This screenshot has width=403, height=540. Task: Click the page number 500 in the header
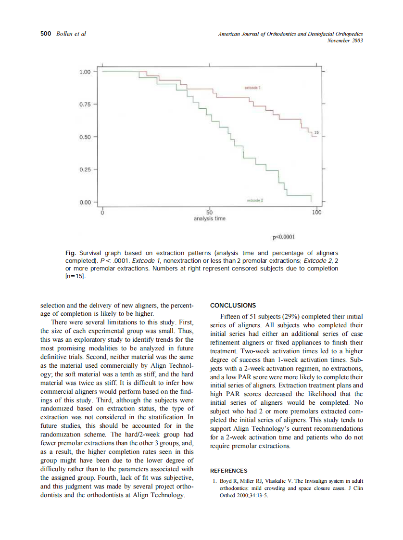click(x=45, y=34)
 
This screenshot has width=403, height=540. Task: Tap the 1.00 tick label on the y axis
click(x=85, y=72)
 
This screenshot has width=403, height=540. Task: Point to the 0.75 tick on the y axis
click(x=85, y=104)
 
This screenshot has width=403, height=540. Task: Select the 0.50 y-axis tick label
click(x=85, y=137)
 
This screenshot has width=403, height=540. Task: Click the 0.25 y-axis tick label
click(x=85, y=169)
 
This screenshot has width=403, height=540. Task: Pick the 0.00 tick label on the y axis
click(x=85, y=202)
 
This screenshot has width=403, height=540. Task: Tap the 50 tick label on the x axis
click(x=209, y=213)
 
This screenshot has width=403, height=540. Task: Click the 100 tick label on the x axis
click(x=316, y=213)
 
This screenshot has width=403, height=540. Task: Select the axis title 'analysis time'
click(x=209, y=219)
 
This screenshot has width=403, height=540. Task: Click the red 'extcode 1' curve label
click(x=252, y=88)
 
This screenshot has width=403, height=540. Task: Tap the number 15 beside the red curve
click(x=316, y=132)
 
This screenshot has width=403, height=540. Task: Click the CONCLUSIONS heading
click(x=233, y=306)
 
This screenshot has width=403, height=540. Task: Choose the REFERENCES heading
click(x=229, y=471)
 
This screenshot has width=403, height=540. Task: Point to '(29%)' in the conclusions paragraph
click(x=292, y=316)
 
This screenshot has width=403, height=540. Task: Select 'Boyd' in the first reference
click(x=226, y=481)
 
